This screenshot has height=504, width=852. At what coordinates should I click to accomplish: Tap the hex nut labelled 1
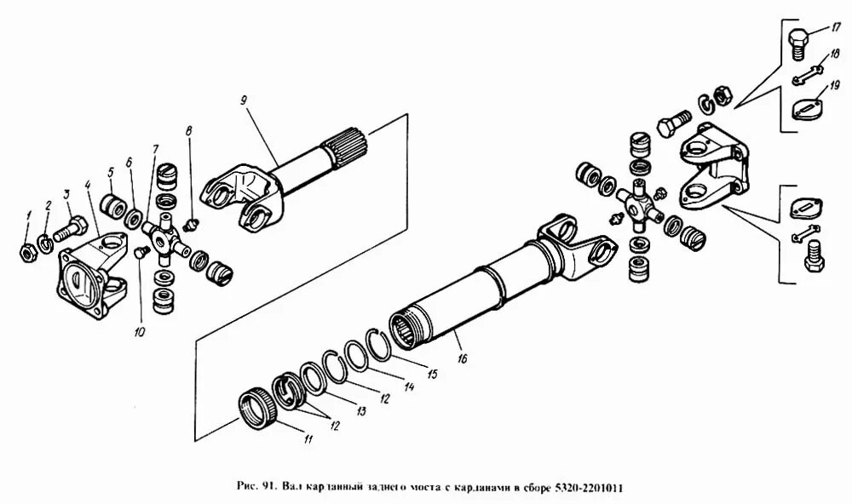pyautogui.click(x=28, y=252)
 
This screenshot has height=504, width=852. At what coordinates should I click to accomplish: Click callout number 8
pyautogui.click(x=189, y=130)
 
